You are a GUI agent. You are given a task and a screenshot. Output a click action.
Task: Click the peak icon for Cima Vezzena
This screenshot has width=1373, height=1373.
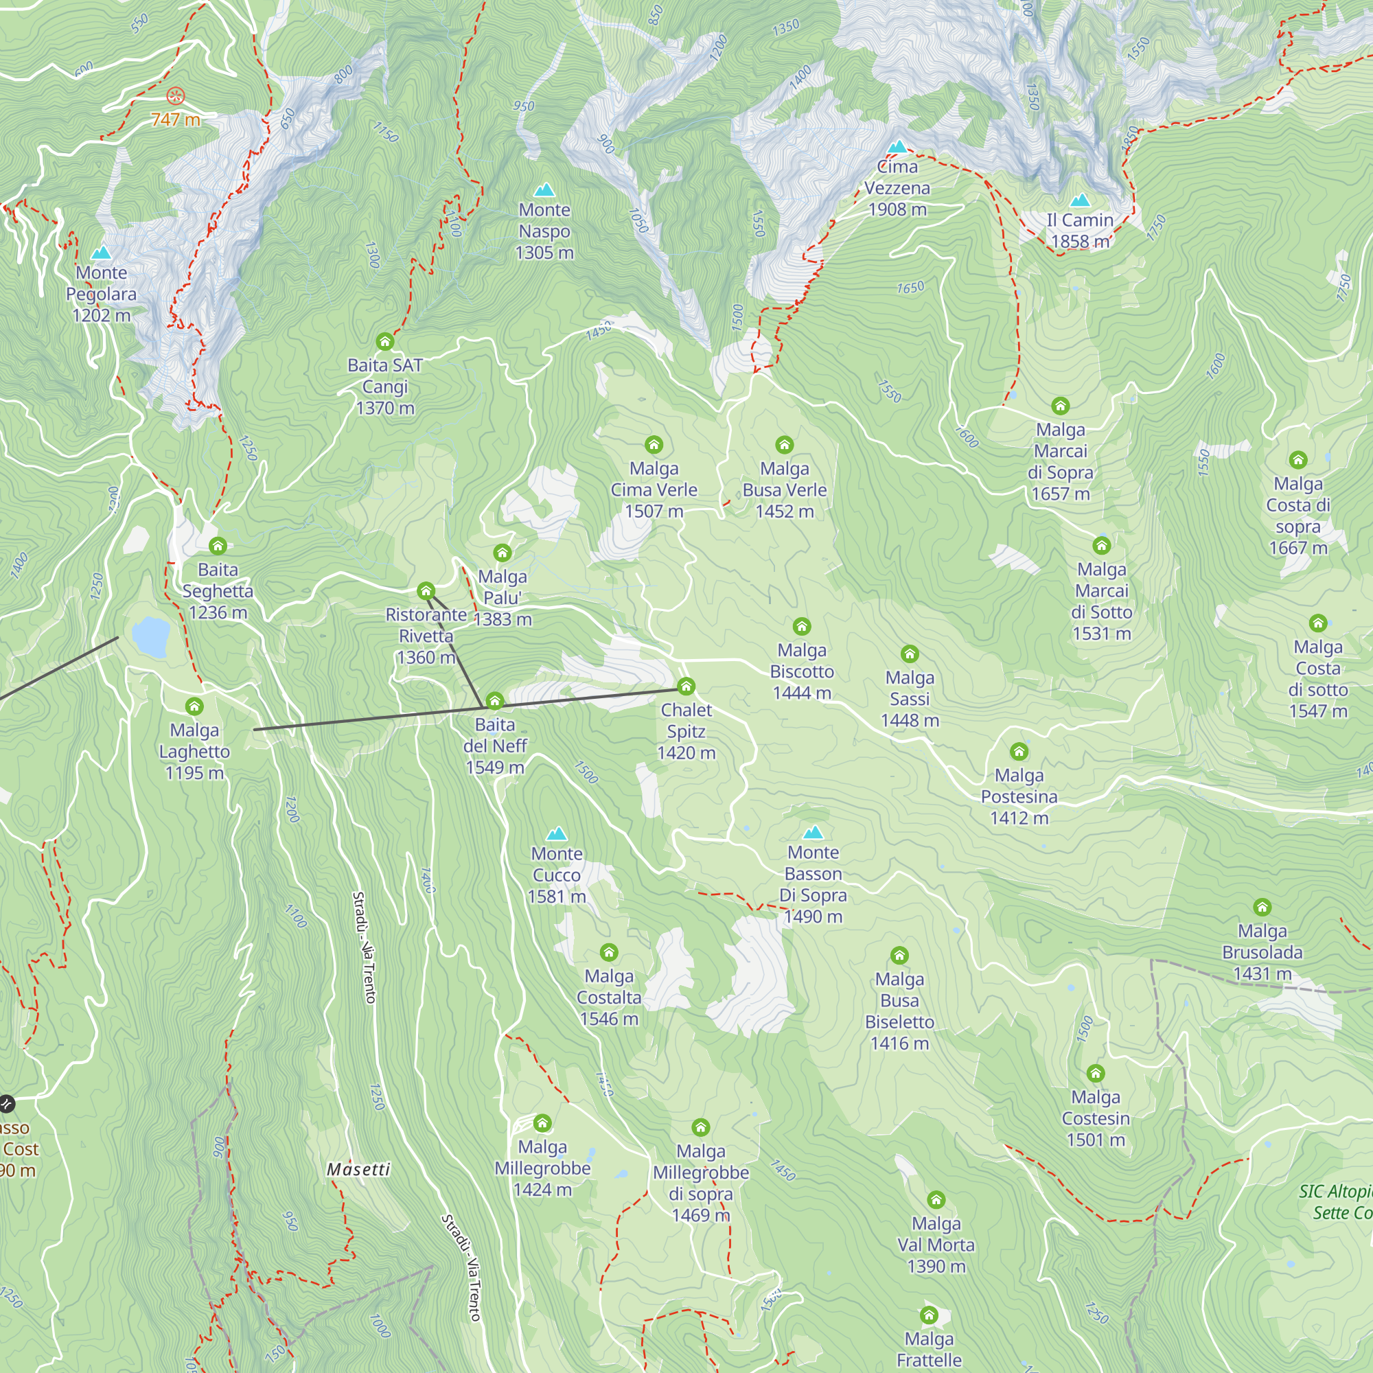click(x=897, y=147)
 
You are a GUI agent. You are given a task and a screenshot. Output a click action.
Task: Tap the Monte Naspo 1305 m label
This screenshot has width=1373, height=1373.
click(x=544, y=231)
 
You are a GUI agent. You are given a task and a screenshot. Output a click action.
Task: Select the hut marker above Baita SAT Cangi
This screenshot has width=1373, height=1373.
click(x=385, y=342)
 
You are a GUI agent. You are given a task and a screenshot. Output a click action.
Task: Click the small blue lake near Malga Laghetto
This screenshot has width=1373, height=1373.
click(x=150, y=636)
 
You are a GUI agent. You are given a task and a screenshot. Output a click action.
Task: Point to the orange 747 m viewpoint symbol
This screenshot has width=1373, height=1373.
click(x=176, y=95)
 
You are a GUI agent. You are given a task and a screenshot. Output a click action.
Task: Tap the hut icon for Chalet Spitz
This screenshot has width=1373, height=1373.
click(x=686, y=686)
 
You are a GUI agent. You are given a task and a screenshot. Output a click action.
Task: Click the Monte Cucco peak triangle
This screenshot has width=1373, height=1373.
click(x=557, y=833)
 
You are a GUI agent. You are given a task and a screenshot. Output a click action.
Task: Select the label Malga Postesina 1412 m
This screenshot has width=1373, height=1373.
click(x=1019, y=796)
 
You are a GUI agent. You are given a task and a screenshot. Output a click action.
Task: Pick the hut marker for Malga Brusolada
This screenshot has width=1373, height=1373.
click(x=1262, y=907)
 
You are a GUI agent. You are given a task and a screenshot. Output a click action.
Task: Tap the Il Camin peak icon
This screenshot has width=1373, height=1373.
click(x=1080, y=200)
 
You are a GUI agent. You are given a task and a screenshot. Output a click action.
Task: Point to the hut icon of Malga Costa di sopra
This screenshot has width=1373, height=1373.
click(x=1298, y=460)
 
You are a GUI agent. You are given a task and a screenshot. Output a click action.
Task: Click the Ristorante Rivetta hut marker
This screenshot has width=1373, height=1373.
click(x=426, y=590)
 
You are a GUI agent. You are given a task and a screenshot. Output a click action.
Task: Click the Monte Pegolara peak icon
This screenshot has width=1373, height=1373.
click(x=102, y=253)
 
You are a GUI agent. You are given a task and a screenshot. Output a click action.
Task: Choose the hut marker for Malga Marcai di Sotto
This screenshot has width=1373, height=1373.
click(x=1102, y=546)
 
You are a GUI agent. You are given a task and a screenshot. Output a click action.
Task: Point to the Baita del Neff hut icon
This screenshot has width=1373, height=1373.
click(x=494, y=702)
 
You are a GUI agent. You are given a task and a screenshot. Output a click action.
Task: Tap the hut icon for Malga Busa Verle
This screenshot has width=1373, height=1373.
click(x=785, y=445)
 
